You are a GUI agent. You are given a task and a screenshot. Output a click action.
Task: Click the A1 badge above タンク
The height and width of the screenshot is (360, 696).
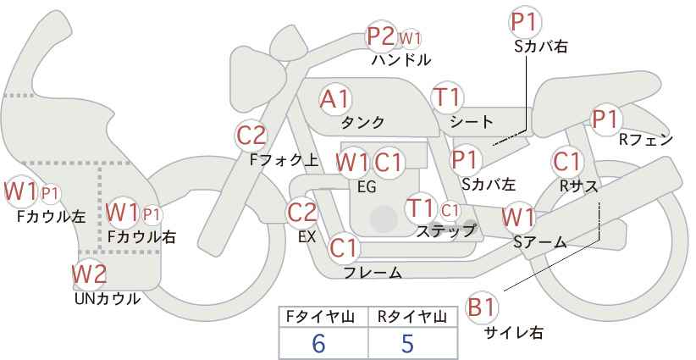pyautogui.click(x=335, y=99)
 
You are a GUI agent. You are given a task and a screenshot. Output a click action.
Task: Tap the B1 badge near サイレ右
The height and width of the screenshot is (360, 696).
pyautogui.click(x=483, y=307)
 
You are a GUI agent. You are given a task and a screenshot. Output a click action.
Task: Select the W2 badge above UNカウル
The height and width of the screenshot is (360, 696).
pyautogui.click(x=89, y=274)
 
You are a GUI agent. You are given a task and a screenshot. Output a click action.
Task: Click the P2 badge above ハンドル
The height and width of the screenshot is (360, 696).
pyautogui.click(x=381, y=36)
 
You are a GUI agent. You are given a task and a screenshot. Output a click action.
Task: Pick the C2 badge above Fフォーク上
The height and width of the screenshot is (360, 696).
pyautogui.click(x=251, y=135)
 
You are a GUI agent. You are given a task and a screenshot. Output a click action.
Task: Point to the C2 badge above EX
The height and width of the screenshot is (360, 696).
pyautogui.click(x=302, y=213)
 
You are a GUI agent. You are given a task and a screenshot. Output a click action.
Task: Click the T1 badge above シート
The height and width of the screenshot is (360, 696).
pyautogui.click(x=446, y=97)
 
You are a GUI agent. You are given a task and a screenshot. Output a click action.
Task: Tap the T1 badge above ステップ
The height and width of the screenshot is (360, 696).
pyautogui.click(x=421, y=208)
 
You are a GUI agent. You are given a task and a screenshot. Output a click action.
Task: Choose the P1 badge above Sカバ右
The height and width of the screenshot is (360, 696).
pyautogui.click(x=525, y=22)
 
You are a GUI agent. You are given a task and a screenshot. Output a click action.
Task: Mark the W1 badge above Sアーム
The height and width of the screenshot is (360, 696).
pyautogui.click(x=518, y=218)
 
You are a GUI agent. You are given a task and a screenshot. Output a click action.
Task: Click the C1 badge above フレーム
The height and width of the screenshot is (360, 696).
pyautogui.click(x=345, y=248)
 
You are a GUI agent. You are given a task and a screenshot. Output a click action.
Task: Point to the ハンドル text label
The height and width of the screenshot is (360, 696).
pyautogui.click(x=401, y=60)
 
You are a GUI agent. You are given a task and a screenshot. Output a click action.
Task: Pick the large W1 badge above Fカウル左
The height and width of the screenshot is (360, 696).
pyautogui.click(x=20, y=191)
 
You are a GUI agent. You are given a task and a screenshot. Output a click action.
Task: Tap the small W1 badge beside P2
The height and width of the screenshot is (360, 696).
pyautogui.click(x=411, y=38)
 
